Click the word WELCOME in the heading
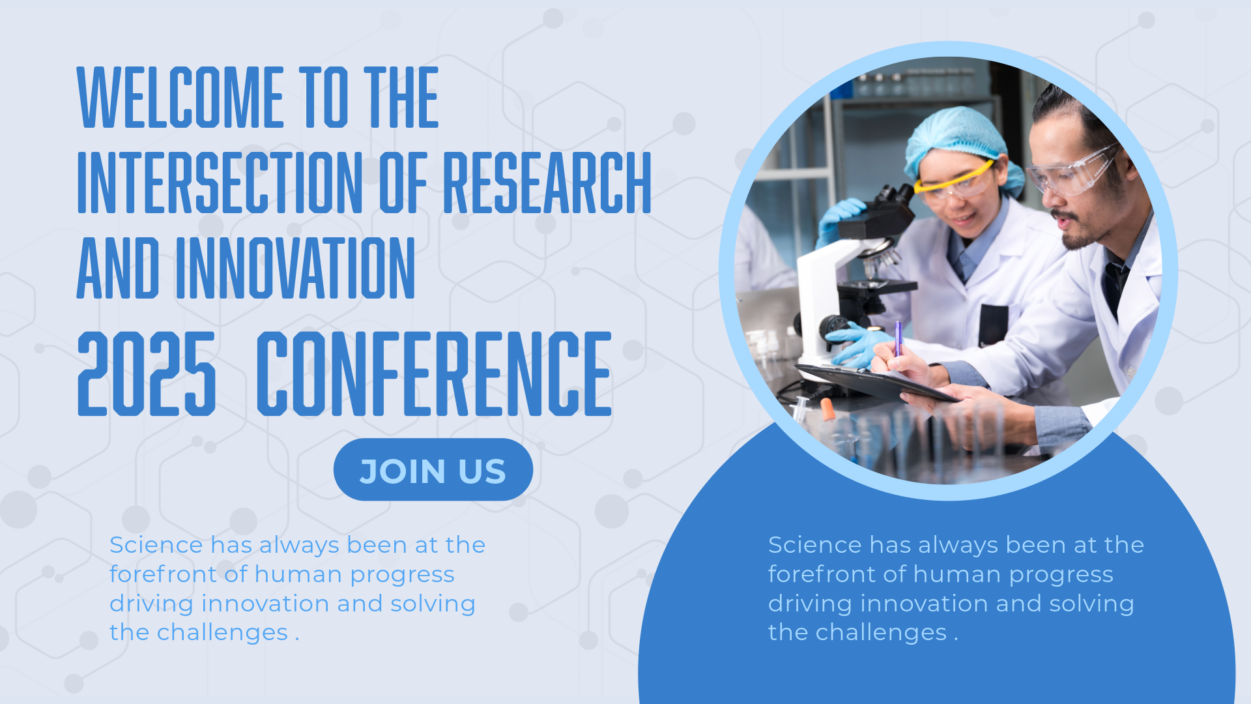coord(180,96)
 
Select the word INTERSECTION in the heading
coord(220,183)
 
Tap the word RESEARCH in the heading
coord(547,183)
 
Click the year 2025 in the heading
coord(147,374)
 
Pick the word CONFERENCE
coord(434,374)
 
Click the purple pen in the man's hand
coord(898,339)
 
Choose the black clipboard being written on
coord(876,383)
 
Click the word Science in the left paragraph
coord(156,545)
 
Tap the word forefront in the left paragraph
coord(163,574)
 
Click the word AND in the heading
coord(118,268)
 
